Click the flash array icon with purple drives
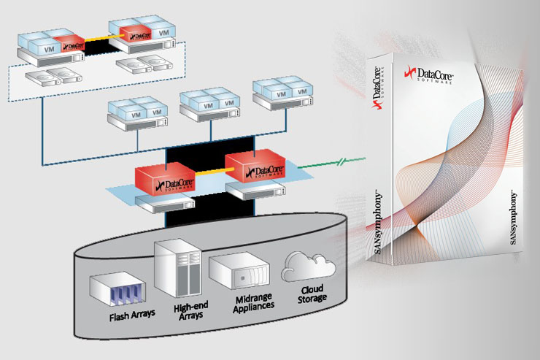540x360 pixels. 116,290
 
